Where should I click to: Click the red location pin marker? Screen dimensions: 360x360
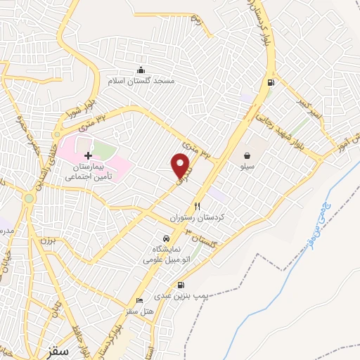click(181, 165)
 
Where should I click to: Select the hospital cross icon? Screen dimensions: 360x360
click(87, 155)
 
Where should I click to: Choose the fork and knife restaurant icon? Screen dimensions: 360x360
click(198, 207)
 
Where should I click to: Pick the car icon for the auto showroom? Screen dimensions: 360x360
click(165, 239)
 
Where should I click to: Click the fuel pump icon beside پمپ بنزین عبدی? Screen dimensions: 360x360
click(183, 285)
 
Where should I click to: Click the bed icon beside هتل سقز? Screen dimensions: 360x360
click(139, 300)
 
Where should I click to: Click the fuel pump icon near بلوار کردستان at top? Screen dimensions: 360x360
click(269, 83)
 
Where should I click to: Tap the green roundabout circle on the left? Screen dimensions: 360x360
click(28, 199)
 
